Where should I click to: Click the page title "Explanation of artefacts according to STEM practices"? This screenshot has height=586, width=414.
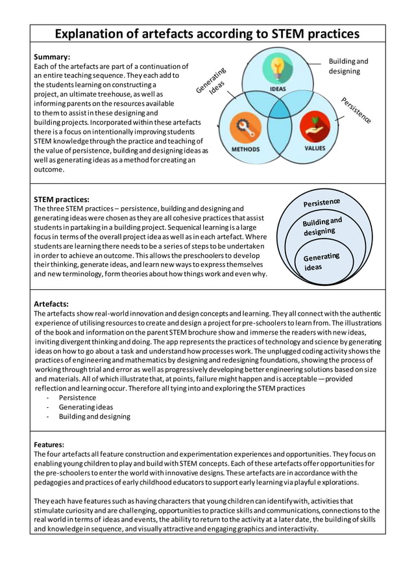click(206, 34)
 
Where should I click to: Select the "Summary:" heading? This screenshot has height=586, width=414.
click(52, 57)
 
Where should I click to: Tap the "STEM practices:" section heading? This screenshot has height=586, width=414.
click(62, 199)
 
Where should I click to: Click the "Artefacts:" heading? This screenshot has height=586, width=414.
click(51, 304)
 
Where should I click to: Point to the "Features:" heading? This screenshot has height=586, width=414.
click(49, 444)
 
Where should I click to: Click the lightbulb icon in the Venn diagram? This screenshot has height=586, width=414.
click(278, 68)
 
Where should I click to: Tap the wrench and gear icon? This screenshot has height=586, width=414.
click(245, 125)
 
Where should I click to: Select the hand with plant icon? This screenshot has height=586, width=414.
click(315, 125)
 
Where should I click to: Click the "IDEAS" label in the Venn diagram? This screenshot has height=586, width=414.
click(278, 90)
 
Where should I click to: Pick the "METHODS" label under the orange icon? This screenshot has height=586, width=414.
click(245, 149)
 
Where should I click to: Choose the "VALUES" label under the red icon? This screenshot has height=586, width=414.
click(315, 148)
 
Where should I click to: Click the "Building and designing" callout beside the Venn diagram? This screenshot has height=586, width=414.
click(348, 66)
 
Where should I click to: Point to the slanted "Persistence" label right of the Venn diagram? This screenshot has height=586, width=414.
click(356, 110)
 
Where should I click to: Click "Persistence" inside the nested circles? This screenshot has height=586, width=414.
click(321, 202)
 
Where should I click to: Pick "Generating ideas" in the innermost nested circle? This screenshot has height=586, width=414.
click(321, 262)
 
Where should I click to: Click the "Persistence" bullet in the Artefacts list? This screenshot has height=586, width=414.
click(77, 398)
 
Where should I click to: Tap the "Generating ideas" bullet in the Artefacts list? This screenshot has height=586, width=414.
click(86, 407)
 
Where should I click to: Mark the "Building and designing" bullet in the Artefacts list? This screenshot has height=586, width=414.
click(94, 416)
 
